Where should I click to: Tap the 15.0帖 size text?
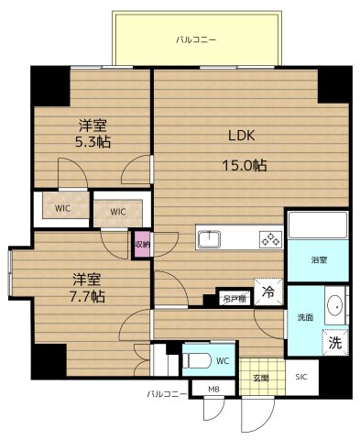pos(247,165)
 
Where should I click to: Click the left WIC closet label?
pos(62,208)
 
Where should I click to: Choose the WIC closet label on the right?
pos(117,212)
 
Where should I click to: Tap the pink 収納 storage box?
pos(142,244)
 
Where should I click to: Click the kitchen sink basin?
pos(210,240)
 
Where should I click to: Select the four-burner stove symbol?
pos(270,240)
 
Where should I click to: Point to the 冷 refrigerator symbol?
pos(267,292)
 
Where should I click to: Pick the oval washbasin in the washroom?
pos(335,307)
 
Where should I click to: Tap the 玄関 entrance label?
pos(261,378)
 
